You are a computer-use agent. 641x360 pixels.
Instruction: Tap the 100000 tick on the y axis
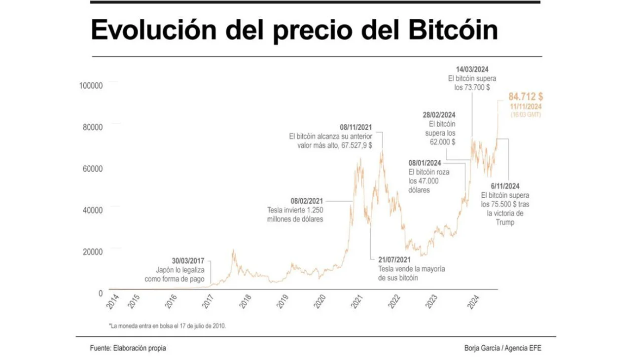click(91, 85)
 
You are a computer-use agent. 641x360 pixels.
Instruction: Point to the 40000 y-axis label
click(92, 210)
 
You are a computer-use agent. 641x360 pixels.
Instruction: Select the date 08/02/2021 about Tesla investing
click(307, 201)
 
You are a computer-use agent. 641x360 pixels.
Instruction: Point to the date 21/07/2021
click(394, 260)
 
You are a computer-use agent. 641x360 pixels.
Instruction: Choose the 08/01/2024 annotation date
click(425, 163)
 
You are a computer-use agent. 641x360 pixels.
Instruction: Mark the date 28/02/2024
click(439, 115)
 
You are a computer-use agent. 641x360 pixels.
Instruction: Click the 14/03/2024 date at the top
click(472, 69)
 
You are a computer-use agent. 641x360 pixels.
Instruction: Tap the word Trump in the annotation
click(506, 222)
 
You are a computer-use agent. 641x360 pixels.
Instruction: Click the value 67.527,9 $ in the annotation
click(356, 145)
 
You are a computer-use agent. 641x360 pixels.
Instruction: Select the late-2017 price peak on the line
click(233, 251)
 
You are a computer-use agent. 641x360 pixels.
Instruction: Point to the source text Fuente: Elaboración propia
click(128, 348)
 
